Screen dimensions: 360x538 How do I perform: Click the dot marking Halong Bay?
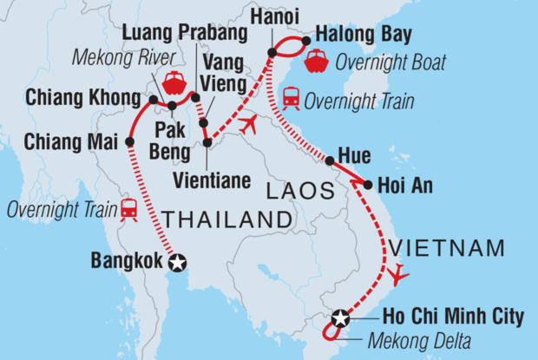(x=306, y=39)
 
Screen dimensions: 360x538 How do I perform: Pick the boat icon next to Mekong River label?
(x=174, y=82)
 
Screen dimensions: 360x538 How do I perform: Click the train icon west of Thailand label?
(x=130, y=208)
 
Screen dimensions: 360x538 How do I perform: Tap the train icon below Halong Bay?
(x=291, y=101)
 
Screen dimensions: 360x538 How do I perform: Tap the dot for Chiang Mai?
(x=130, y=141)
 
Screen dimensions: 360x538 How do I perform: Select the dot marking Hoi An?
(x=369, y=185)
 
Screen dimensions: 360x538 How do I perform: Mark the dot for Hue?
(x=330, y=160)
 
